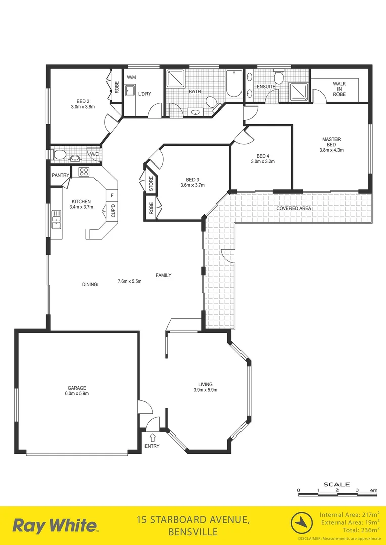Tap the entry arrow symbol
click(x=152, y=437)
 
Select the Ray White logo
click(x=55, y=526)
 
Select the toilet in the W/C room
click(x=59, y=154)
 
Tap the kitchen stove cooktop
click(x=84, y=171)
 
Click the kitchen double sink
click(x=55, y=220)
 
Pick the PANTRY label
click(x=60, y=175)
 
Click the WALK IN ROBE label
click(x=339, y=89)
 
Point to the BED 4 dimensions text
click(x=262, y=162)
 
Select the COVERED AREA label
click(x=294, y=208)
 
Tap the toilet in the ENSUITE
click(x=278, y=78)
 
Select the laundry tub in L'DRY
click(x=130, y=91)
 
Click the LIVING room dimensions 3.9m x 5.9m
click(x=205, y=390)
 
